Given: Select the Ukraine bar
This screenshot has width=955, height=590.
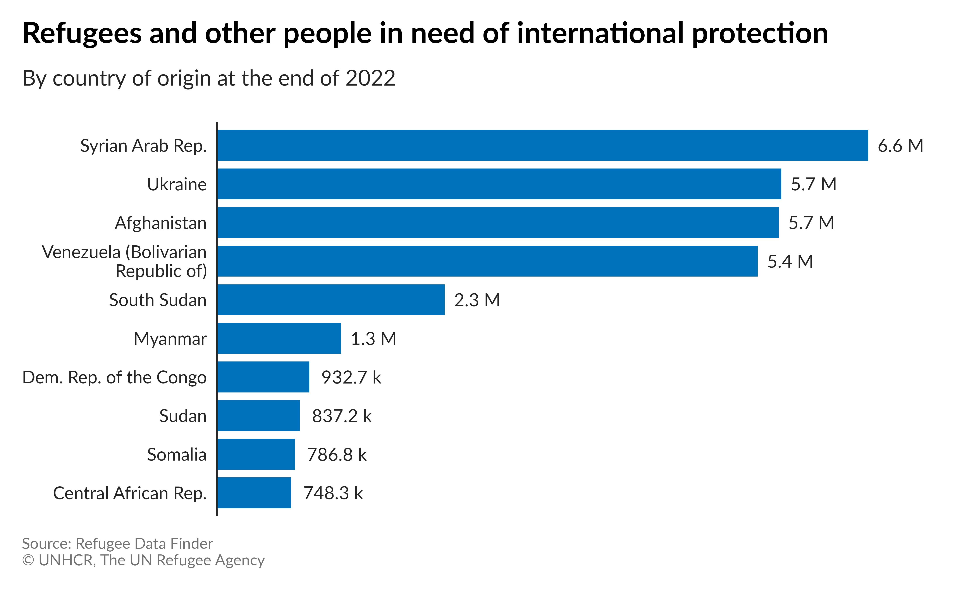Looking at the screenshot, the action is tap(499, 184).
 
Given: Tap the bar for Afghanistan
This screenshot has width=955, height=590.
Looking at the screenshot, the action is tap(498, 222).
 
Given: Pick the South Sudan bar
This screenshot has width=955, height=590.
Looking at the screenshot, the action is tap(331, 300).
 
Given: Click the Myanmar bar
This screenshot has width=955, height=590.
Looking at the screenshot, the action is tap(279, 338).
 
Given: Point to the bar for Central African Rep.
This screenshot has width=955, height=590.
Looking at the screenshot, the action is tap(254, 493).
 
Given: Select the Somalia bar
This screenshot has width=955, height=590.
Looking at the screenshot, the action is tap(256, 454).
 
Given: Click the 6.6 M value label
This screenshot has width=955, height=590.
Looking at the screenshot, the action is tap(900, 146).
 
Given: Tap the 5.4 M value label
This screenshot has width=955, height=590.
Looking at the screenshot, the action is tap(790, 261).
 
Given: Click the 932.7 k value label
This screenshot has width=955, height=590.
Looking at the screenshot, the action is tap(351, 377).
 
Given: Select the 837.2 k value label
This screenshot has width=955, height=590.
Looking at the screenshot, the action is tap(342, 416).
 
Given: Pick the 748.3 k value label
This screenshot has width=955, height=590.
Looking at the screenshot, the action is tap(333, 493).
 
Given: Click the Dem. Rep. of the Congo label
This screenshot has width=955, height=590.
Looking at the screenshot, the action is tap(114, 377).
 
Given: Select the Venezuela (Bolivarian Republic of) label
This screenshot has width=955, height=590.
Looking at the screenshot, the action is tap(124, 261).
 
